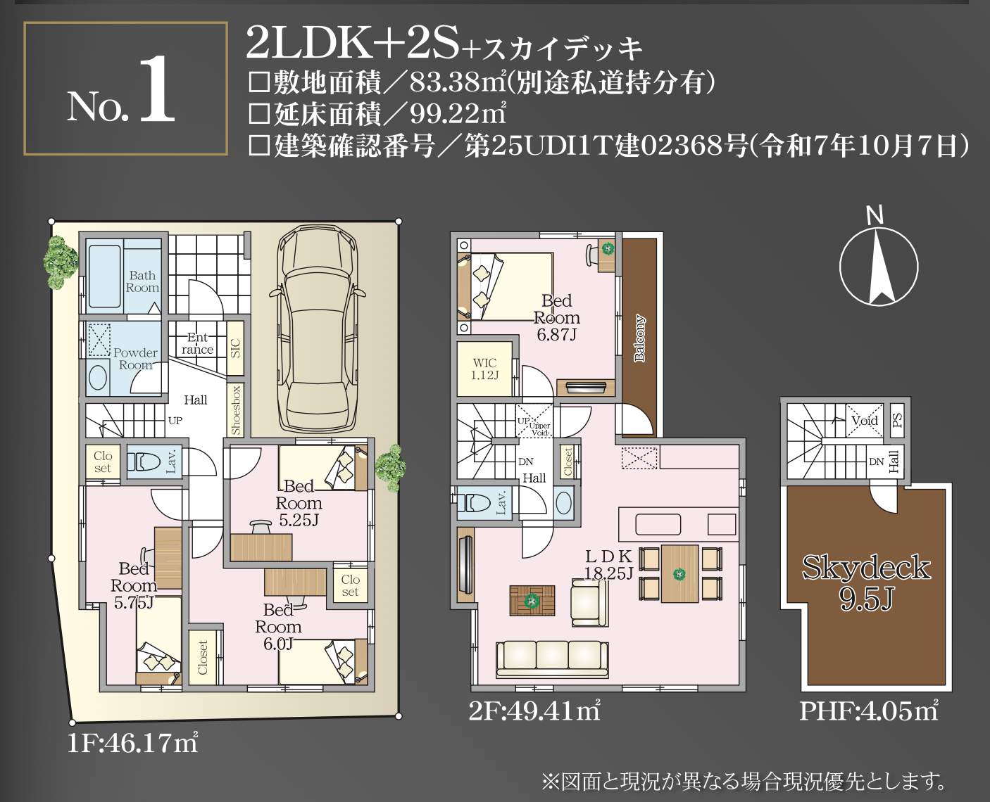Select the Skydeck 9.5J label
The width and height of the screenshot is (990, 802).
click(866, 581)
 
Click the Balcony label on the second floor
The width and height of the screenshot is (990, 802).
click(639, 338)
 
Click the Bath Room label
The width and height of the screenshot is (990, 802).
click(142, 281)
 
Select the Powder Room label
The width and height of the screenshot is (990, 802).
click(135, 359)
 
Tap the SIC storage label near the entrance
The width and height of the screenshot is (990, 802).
click(235, 347)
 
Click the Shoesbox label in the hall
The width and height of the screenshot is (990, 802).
click(237, 409)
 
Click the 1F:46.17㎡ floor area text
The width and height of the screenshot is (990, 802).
click(132, 744)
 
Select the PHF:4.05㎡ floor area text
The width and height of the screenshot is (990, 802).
click(869, 712)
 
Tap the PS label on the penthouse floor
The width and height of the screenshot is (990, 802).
click(897, 420)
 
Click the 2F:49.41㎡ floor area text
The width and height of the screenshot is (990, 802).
click(533, 712)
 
